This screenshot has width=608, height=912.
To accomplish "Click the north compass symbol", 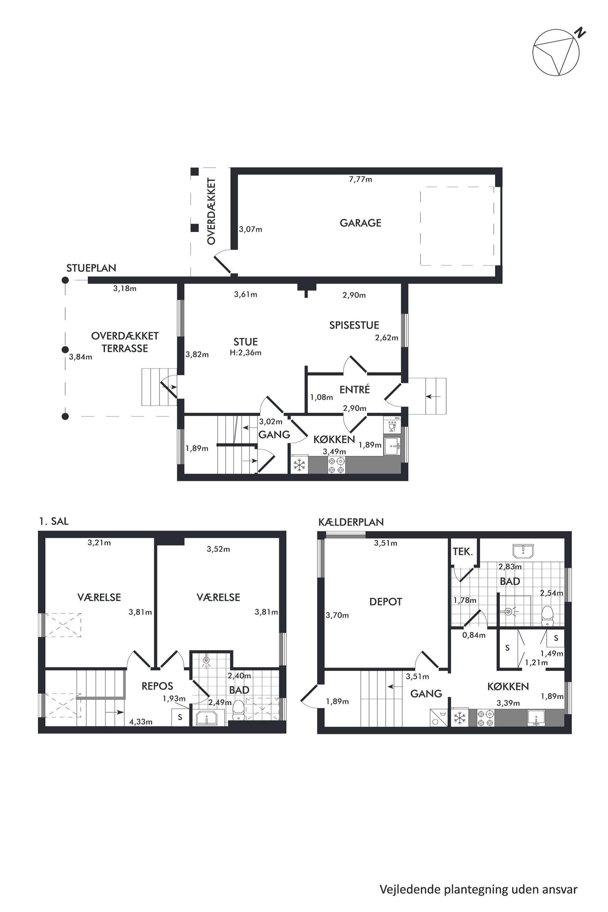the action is coord(557,52).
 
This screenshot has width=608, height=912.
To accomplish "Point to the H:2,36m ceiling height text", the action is coord(245,353).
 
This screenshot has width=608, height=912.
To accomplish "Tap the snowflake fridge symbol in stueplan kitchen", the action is coord(299,465).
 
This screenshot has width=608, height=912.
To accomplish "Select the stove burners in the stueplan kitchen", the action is coord(336,465).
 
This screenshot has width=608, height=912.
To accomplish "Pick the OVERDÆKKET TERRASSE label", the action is coord(125,342).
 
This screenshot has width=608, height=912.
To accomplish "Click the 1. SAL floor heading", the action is coord(54,522).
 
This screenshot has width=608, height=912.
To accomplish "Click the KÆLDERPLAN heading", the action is coord(351,522).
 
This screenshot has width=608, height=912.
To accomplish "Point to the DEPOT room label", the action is coord(386,602).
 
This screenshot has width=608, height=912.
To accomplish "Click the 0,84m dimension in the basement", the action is coord(474,635).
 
